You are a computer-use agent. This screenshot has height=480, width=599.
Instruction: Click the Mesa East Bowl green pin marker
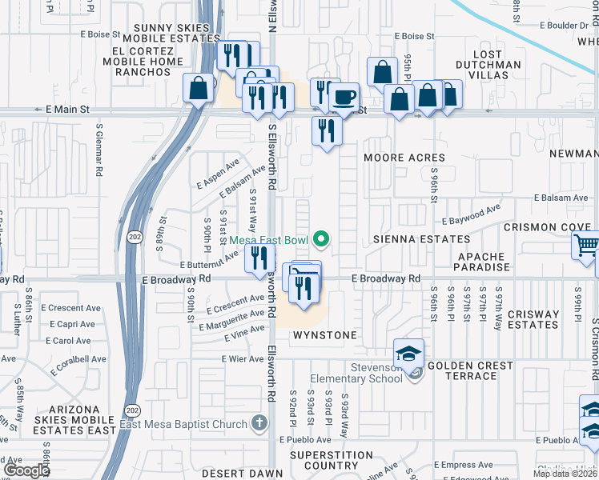pos(322,238)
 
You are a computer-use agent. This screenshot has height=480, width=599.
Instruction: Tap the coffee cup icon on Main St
pos(344,98)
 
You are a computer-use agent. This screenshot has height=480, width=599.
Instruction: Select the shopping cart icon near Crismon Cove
pos(587,246)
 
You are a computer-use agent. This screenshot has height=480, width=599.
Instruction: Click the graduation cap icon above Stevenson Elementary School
pos(408,353)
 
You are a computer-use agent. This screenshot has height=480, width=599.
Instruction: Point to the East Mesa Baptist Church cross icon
pos(258,422)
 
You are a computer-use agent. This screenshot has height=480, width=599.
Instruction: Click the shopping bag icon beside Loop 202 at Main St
pos(198,88)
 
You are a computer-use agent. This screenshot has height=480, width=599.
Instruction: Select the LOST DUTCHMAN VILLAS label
pos(488,70)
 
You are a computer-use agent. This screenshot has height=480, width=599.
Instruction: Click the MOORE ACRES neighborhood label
pos(404,158)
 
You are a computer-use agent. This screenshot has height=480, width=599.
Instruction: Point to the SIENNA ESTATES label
pos(420,239)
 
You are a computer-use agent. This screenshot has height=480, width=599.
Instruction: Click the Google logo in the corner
pos(26,470)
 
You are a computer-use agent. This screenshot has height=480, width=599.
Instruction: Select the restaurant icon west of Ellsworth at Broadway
pos(259,258)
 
